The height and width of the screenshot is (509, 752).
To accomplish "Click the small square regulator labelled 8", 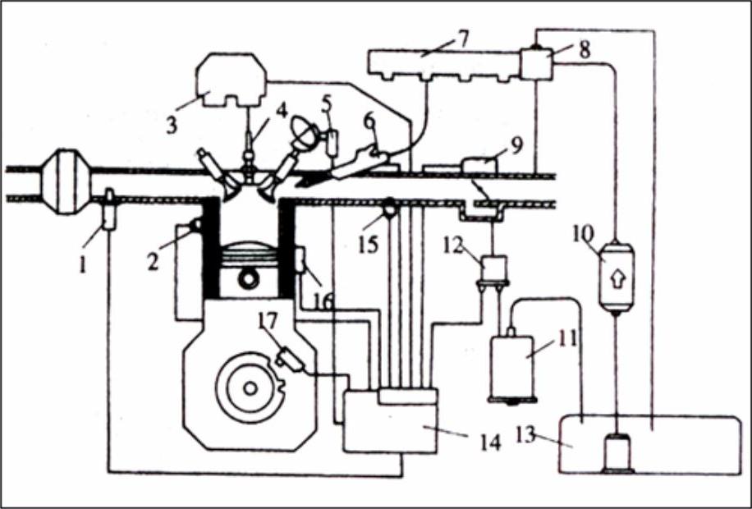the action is (x=535, y=63).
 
